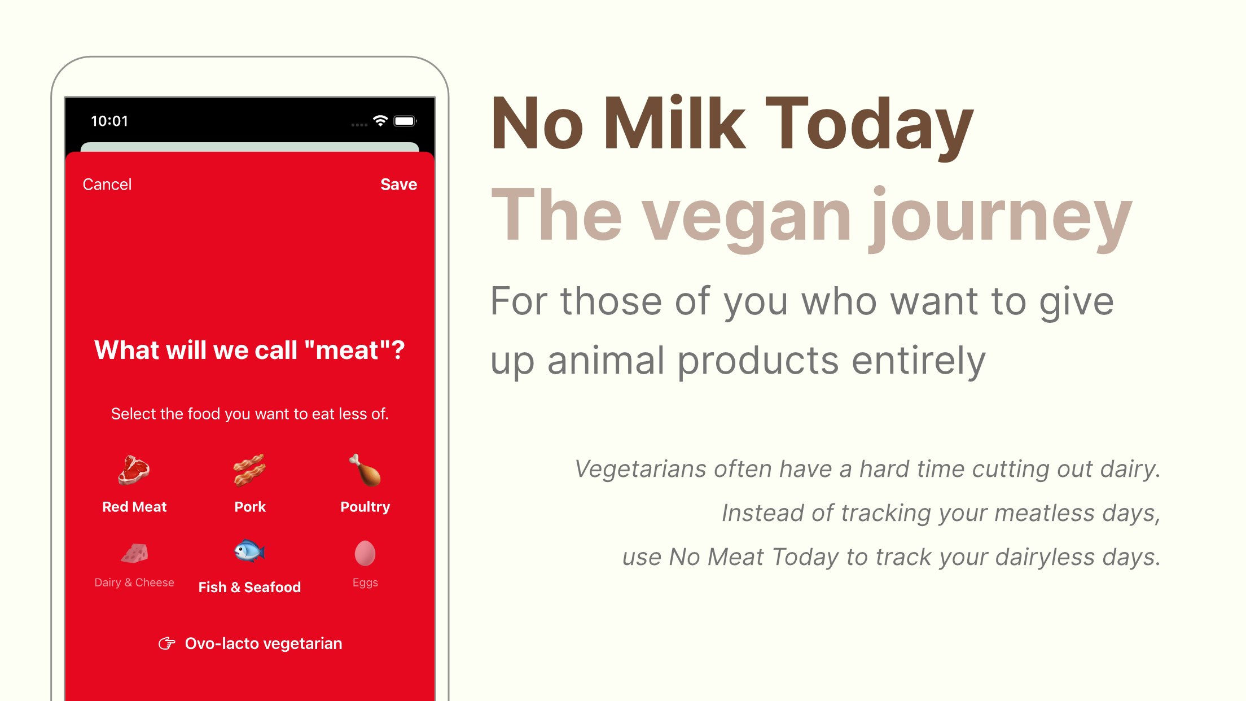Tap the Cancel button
pos(107,185)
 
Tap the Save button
pos(398,185)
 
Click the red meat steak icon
pos(134,470)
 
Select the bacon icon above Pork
pos(249,470)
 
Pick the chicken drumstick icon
pos(365,470)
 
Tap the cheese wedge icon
pos(134,553)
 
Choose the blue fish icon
pos(249,551)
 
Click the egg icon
pos(365,553)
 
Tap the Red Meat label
pos(134,507)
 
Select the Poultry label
pos(365,507)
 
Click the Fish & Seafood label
pos(249,587)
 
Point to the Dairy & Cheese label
pos(134,582)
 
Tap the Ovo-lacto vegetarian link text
pos(264,643)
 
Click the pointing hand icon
pos(167,643)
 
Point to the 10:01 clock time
pos(109,121)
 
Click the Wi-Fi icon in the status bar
pos(380,121)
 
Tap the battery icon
pos(405,121)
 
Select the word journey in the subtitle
pos(1000,217)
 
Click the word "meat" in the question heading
pos(347,350)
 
